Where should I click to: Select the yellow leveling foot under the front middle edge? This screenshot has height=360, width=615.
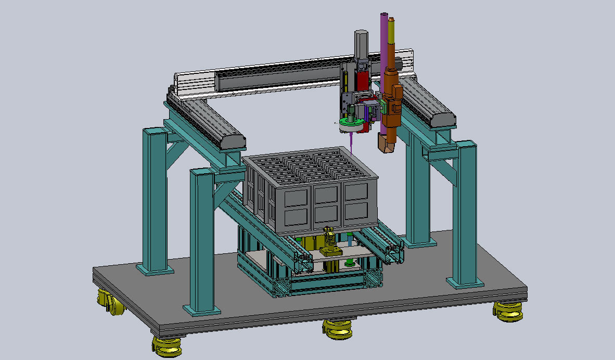point(338,329)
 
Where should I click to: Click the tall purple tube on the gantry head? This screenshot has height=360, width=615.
point(385,42)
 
